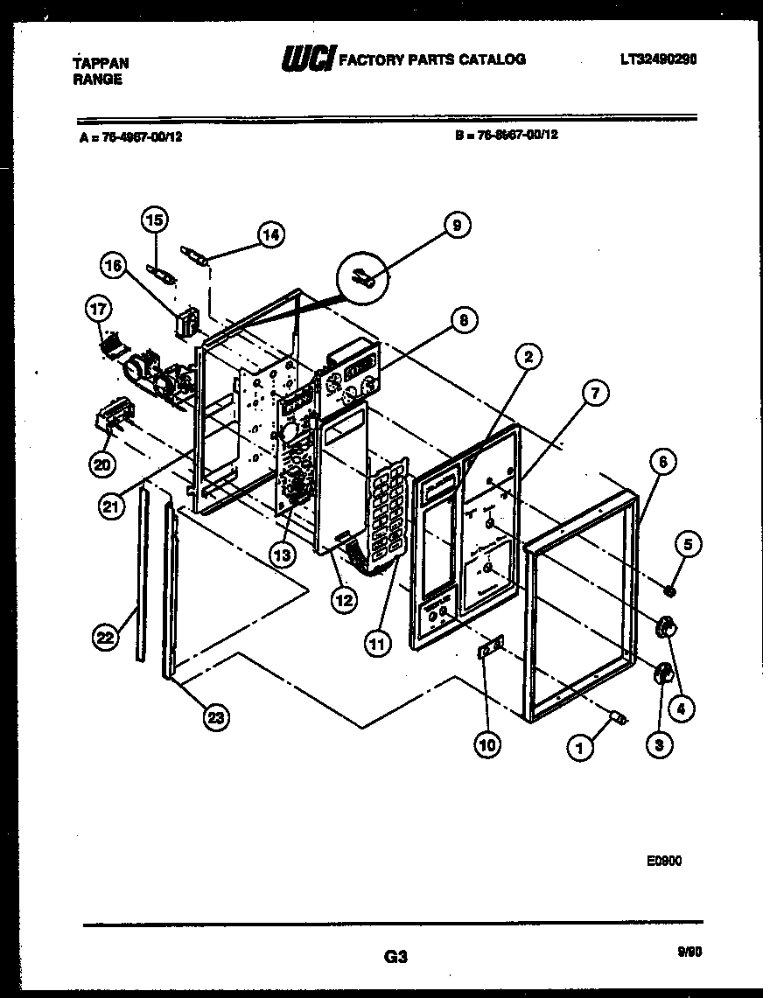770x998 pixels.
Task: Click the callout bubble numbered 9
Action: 455,226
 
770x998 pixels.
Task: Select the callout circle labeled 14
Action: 272,234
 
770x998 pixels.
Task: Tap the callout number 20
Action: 102,465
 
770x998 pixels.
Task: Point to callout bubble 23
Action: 215,717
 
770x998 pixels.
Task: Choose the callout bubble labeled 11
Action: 377,645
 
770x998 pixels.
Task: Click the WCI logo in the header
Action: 307,59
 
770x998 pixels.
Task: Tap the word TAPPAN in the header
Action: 100,63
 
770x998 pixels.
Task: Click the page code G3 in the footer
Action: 395,958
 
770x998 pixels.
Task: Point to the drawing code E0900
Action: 664,861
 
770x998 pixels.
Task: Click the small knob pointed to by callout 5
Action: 669,592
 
